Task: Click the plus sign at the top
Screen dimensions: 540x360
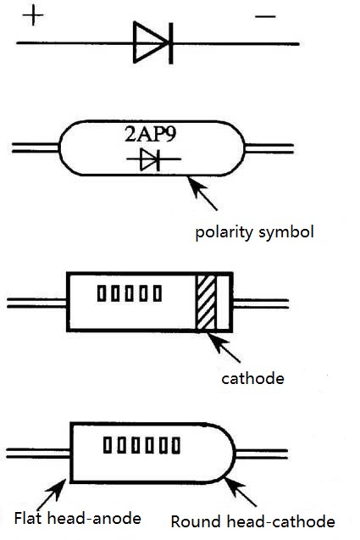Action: tap(31, 17)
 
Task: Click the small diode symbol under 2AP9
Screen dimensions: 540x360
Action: tap(150, 159)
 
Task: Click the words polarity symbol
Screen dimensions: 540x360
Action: tap(254, 230)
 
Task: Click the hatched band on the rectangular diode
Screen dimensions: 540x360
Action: tap(206, 302)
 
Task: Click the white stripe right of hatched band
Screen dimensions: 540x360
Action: tap(223, 302)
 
